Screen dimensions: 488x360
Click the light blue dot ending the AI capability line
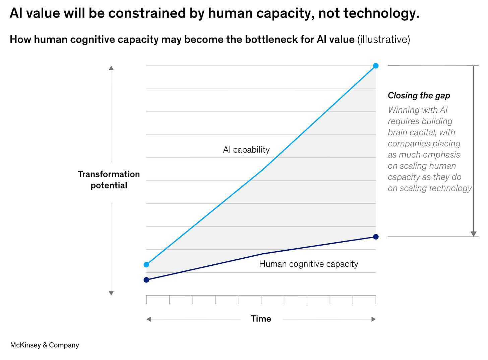tap(376, 66)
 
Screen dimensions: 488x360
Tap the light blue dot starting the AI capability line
tap(146, 265)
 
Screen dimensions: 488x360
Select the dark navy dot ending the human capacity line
tap(376, 237)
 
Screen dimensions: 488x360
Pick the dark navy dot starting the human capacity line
tap(146, 280)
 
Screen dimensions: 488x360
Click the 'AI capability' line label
tap(246, 150)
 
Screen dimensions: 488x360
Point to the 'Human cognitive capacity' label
tap(308, 264)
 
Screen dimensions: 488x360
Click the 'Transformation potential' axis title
tap(109, 180)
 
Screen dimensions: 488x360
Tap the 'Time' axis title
tap(261, 319)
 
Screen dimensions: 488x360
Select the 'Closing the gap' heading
tap(419, 96)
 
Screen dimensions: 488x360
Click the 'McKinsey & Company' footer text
tap(45, 345)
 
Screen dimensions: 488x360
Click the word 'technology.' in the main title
tap(381, 13)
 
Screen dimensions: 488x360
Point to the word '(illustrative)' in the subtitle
tap(384, 40)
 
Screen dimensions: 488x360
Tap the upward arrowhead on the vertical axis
tap(111, 68)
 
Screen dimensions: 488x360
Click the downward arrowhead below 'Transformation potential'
tap(111, 293)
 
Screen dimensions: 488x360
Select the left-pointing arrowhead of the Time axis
tap(148, 319)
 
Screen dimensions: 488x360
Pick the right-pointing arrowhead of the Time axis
tap(374, 319)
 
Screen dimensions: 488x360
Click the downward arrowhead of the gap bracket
tap(473, 234)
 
